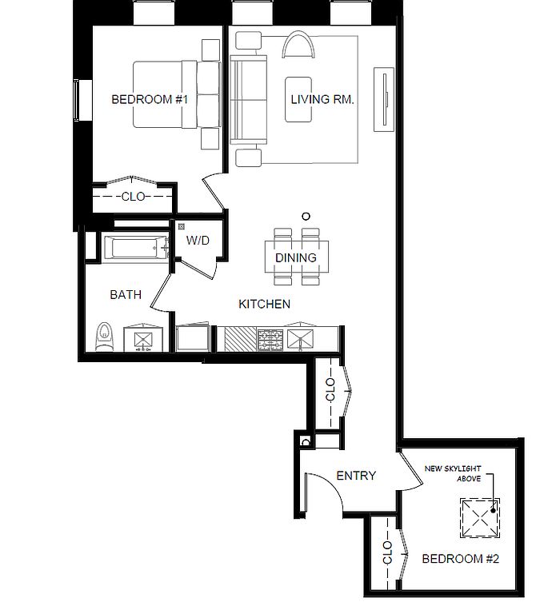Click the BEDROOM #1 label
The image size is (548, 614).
(x=150, y=99)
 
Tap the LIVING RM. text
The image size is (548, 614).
(x=322, y=99)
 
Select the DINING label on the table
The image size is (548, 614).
(x=296, y=257)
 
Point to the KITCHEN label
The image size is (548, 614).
(x=265, y=304)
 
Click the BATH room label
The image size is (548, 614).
(x=126, y=294)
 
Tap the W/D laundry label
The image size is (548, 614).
(x=198, y=240)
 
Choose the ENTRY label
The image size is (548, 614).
(x=356, y=476)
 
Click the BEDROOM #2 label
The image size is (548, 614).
(x=460, y=558)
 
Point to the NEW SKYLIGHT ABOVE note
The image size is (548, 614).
(x=453, y=473)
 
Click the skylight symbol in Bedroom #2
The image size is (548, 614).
(x=480, y=518)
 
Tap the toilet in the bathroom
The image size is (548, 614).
(x=104, y=337)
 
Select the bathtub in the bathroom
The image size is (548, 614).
(x=134, y=248)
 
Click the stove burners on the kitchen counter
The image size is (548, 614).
(x=270, y=339)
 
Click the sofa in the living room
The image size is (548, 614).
(x=248, y=99)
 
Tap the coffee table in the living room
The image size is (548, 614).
(x=298, y=99)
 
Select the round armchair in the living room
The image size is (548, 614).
(x=298, y=45)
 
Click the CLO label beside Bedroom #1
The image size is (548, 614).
(x=133, y=196)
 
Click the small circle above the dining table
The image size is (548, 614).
(x=306, y=216)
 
